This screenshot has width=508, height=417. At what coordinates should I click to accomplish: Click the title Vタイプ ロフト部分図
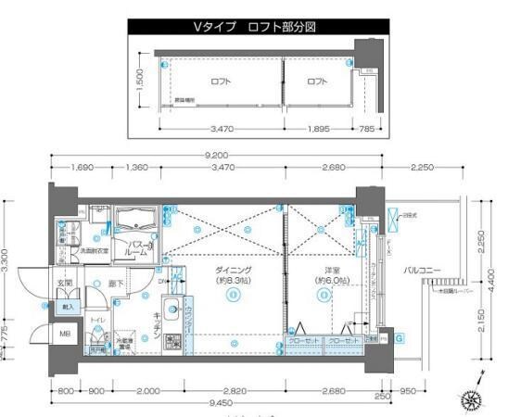coord(254,27)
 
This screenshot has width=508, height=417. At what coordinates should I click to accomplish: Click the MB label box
coord(65,333)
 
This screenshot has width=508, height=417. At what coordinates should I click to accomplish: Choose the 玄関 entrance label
coord(66,283)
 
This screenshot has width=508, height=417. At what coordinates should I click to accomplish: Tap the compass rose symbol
coord(472,399)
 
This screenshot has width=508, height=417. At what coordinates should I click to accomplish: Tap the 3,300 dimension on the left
coord(8,259)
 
